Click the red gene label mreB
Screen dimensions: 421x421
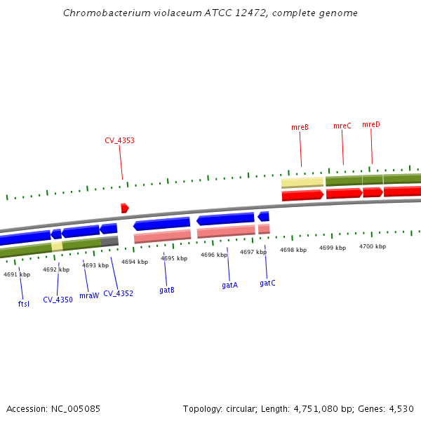(x=300, y=128)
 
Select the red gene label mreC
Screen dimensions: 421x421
(x=342, y=126)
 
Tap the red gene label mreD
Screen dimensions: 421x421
(x=371, y=125)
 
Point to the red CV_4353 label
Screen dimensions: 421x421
(x=120, y=140)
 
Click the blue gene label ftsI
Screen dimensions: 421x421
(x=24, y=304)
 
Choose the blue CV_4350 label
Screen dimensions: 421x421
(x=58, y=300)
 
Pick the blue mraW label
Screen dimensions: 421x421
(x=89, y=296)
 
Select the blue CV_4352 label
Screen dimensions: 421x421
(x=118, y=293)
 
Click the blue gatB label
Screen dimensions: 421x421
(x=167, y=290)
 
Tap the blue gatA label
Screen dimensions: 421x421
(x=230, y=286)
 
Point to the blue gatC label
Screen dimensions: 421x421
(x=267, y=283)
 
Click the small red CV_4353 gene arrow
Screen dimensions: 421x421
(x=124, y=208)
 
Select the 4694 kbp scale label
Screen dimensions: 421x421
(x=135, y=262)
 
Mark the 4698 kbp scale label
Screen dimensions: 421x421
(x=293, y=250)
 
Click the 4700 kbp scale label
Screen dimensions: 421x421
(x=373, y=247)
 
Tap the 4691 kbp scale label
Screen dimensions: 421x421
(x=17, y=275)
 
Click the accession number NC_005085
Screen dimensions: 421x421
(x=74, y=408)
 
